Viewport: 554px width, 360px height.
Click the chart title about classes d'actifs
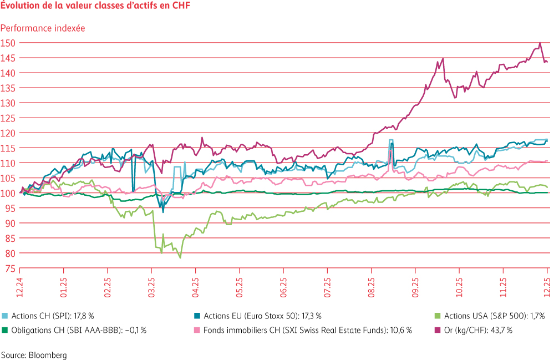point(95,5)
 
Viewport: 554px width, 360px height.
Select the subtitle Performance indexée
point(43,28)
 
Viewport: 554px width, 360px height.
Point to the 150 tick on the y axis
point(8,43)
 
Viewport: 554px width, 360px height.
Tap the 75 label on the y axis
point(10,269)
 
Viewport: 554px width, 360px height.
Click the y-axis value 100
point(8,193)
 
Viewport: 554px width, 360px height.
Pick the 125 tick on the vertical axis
point(8,118)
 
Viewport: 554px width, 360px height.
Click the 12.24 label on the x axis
point(19,287)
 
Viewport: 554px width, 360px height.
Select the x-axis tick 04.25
point(195,287)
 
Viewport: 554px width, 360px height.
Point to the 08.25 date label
point(372,287)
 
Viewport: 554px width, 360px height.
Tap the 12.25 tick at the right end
point(547,287)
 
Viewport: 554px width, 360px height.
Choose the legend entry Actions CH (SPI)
point(48,316)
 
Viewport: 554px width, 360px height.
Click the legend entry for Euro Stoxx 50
point(257,316)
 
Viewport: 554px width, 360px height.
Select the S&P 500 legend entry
point(490,316)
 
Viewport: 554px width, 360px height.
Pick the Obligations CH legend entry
point(74,331)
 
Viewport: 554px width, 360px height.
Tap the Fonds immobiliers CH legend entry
point(303,331)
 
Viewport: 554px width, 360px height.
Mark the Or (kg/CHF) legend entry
point(474,331)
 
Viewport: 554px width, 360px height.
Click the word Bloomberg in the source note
point(47,355)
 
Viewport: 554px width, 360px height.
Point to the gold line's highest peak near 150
point(540,43)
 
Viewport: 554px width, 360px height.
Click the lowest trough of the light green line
point(180,258)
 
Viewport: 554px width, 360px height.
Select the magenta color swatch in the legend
point(438,331)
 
